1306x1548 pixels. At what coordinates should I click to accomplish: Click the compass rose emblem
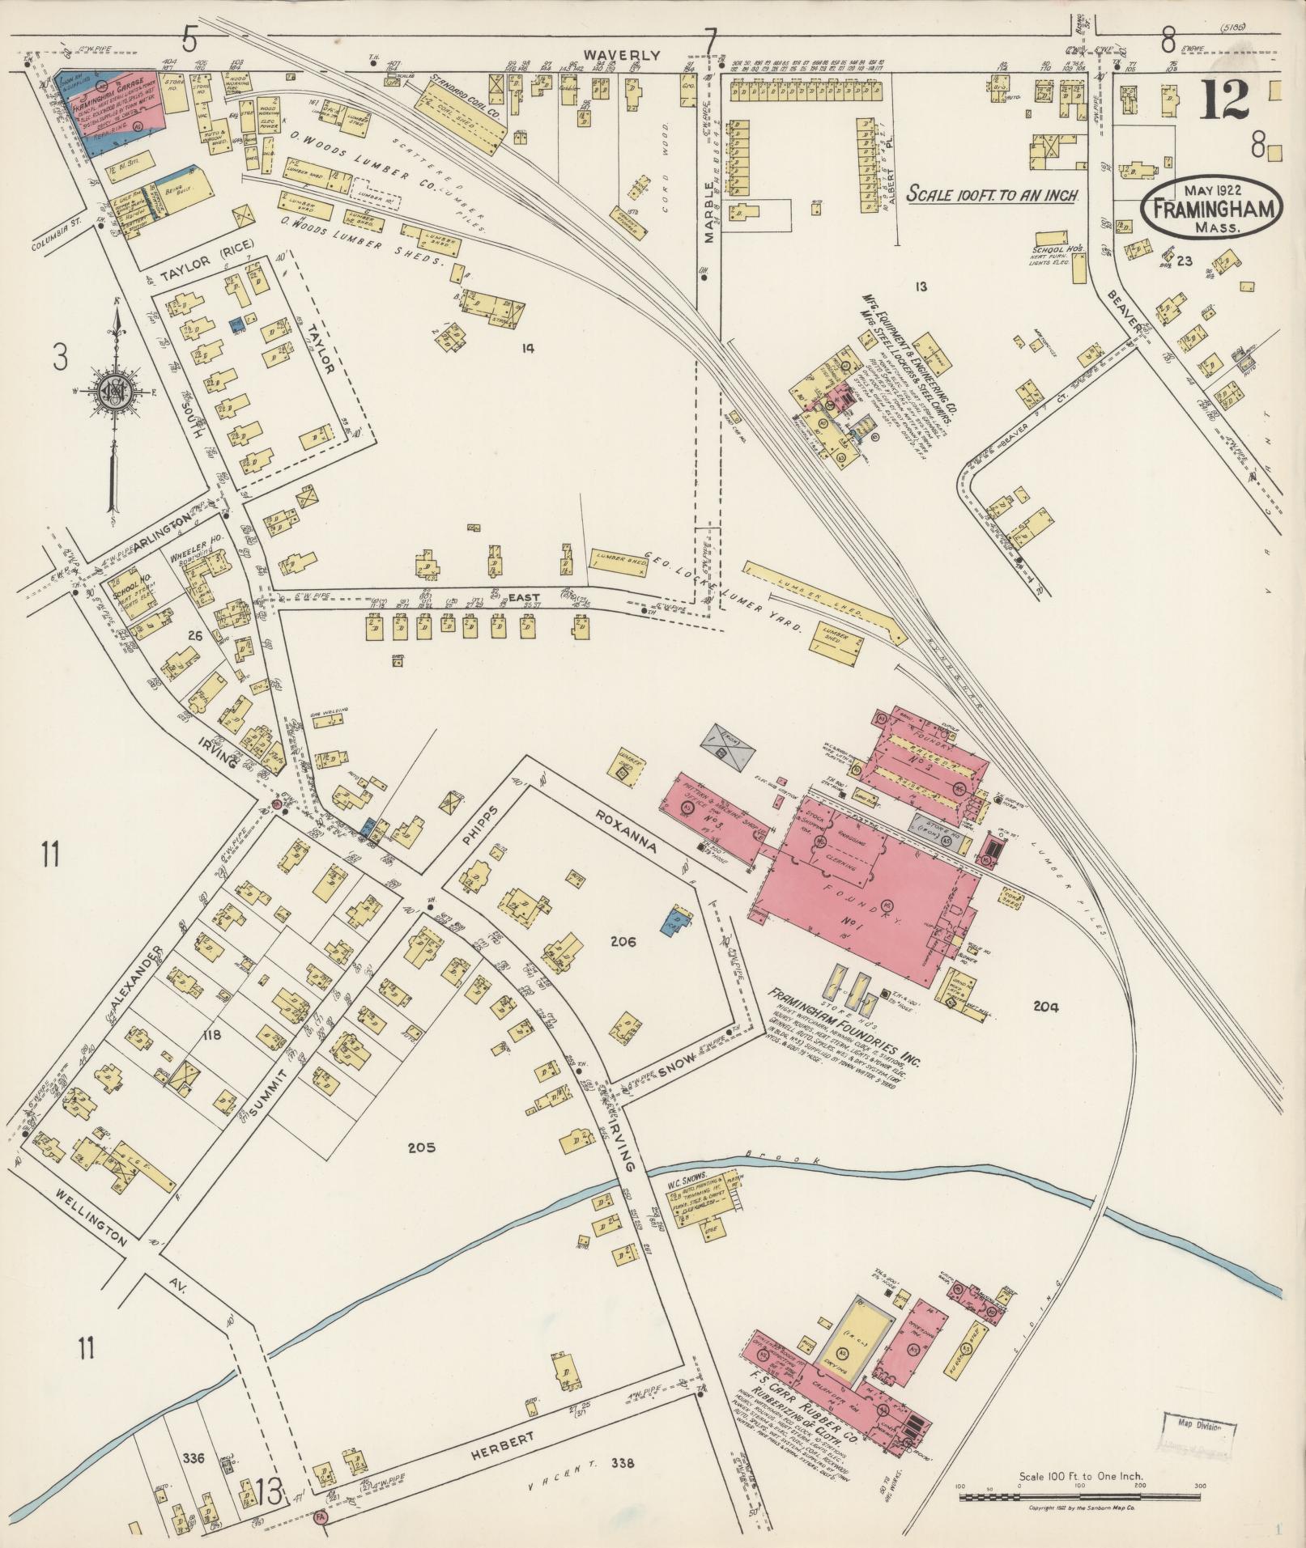pyautogui.click(x=113, y=394)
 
